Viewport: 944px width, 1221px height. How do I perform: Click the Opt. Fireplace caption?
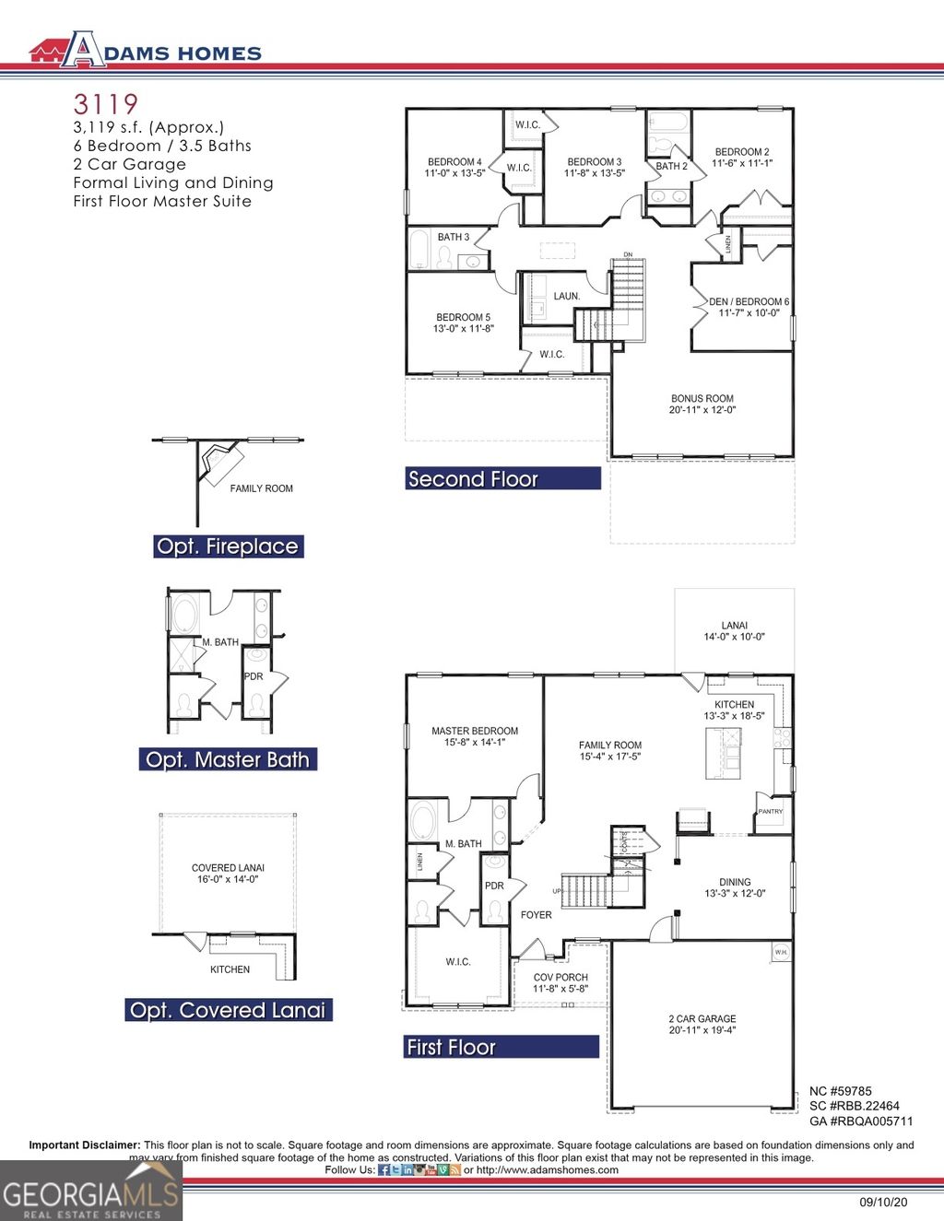[228, 546]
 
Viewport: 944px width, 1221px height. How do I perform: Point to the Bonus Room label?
[702, 405]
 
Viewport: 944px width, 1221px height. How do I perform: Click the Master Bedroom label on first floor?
[475, 736]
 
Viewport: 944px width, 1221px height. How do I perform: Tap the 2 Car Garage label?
[702, 1025]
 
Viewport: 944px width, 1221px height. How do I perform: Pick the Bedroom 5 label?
[464, 323]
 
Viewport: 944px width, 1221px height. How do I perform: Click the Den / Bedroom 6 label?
[749, 307]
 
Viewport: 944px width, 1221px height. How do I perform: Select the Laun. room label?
[567, 297]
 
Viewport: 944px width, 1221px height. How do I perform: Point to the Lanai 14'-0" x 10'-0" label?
[735, 631]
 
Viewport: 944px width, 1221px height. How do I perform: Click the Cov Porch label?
[560, 983]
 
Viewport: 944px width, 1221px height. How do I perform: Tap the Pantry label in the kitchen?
[771, 812]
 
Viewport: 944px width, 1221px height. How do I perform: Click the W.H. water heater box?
[781, 952]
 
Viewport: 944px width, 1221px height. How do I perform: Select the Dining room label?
[735, 887]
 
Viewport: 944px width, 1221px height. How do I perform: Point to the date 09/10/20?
[884, 1203]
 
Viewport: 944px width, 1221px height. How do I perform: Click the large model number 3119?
[106, 104]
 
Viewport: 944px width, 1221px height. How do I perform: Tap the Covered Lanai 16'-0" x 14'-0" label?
[229, 874]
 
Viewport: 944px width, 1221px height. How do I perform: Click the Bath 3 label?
[454, 238]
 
